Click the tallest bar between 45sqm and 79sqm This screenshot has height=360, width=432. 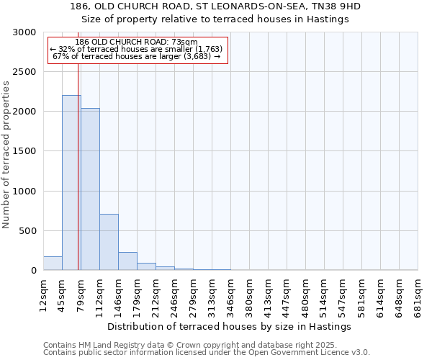pyautogui.click(x=71, y=183)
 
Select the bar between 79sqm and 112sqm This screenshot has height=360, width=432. pyautogui.click(x=90, y=189)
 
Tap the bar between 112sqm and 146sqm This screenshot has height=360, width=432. pyautogui.click(x=109, y=242)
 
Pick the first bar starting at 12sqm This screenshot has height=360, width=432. pyautogui.click(x=53, y=264)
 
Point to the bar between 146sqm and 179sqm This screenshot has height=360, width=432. pyautogui.click(x=127, y=261)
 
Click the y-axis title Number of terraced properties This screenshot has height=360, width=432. pyautogui.click(x=6, y=155)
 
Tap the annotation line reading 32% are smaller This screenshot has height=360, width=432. pyautogui.click(x=137, y=49)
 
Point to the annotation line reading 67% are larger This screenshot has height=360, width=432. pyautogui.click(x=137, y=56)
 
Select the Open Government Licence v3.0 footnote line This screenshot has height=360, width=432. pyautogui.click(x=207, y=353)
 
